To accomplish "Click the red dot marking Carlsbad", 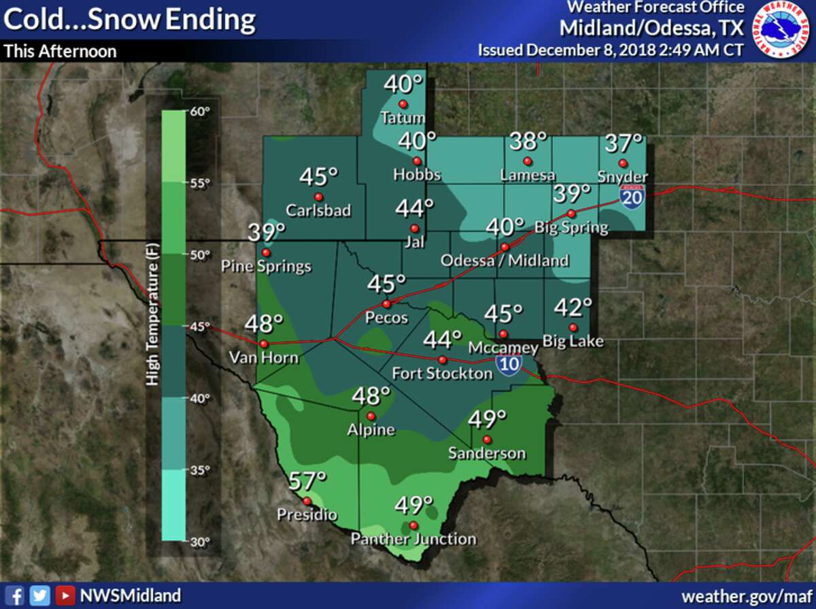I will [317, 197].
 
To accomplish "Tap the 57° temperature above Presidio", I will [304, 482].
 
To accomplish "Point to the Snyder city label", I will [622, 176].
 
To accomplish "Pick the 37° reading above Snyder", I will [624, 144].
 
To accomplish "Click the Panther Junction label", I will [413, 539].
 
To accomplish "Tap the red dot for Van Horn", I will [263, 344].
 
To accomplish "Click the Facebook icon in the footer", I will [18, 595].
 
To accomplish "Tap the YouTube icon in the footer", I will [65, 595].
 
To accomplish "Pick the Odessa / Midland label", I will [505, 261].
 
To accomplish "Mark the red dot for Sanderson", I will [487, 439].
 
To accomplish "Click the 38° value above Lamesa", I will [528, 143].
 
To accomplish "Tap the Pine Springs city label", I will [266, 266].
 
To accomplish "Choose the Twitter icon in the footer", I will [41, 595].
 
